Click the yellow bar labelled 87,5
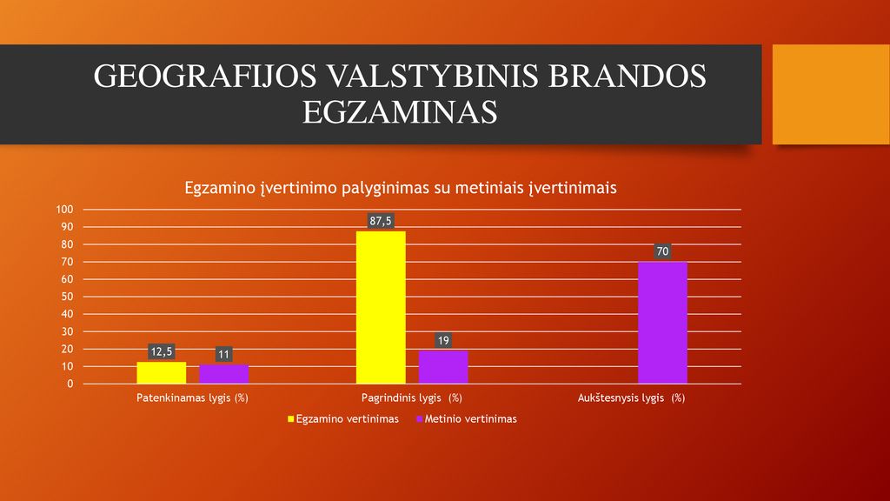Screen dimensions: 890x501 pos(381,307)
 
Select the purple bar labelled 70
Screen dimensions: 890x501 pos(662,323)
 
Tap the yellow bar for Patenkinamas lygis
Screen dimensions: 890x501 pos(161,372)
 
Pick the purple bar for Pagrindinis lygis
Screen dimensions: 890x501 pos(443,367)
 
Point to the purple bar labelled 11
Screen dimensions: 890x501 pos(223,374)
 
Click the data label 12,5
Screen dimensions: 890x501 pos(161,351)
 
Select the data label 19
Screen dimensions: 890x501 pos(443,340)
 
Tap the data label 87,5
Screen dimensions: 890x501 pos(381,221)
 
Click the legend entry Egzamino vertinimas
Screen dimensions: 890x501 pos(342,419)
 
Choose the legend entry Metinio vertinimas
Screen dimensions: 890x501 pos(467,419)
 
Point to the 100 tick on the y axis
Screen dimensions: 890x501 pos(64,210)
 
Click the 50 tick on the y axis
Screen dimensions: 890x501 pos(67,297)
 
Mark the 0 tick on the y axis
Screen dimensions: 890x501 pos(70,384)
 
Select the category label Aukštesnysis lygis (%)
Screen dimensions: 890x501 pos(631,398)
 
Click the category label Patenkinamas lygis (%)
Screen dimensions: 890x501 pos(192,398)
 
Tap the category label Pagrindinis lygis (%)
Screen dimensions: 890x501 pos(411,398)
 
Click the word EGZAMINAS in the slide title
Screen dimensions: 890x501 pos(400,112)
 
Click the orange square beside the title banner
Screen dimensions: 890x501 pos(831,94)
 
